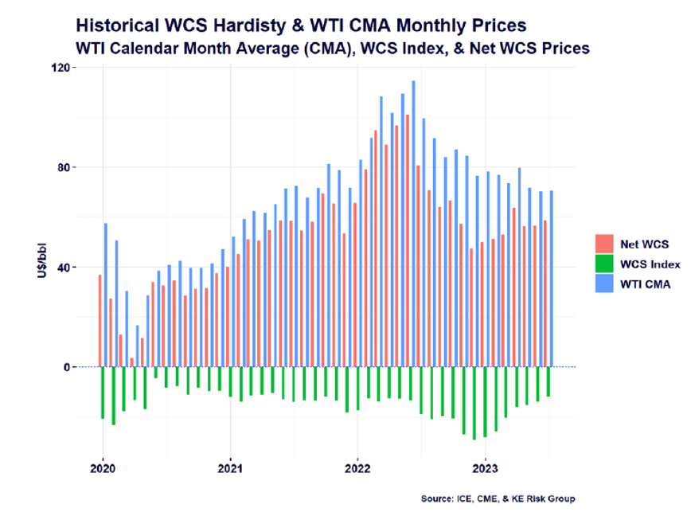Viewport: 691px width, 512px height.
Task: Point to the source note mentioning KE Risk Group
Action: pos(498,498)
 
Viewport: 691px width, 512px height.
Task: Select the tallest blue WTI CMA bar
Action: pos(413,223)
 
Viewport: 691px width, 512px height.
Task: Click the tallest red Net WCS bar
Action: pos(408,239)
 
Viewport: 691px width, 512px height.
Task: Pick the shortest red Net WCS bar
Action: pos(131,362)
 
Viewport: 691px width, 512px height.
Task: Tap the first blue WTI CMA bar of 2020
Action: pos(105,295)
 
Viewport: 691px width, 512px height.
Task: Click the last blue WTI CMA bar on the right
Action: pos(551,279)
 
